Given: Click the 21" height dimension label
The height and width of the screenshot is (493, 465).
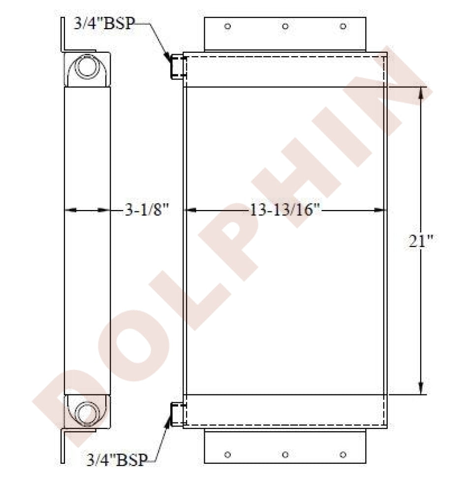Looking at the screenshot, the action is (420, 241).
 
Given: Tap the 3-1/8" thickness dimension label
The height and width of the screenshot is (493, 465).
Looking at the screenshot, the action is (147, 210).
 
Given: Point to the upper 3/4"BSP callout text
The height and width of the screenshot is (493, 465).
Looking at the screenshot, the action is (104, 23).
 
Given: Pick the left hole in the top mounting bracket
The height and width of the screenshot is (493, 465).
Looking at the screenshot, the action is (228, 26).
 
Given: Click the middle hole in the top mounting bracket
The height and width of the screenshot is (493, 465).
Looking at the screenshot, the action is (285, 26).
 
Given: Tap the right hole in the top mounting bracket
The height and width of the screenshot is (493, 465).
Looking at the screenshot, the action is (343, 26).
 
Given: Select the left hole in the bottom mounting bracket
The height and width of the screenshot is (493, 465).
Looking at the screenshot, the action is (228, 455).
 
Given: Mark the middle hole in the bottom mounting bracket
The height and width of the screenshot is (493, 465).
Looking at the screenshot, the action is (285, 455).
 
